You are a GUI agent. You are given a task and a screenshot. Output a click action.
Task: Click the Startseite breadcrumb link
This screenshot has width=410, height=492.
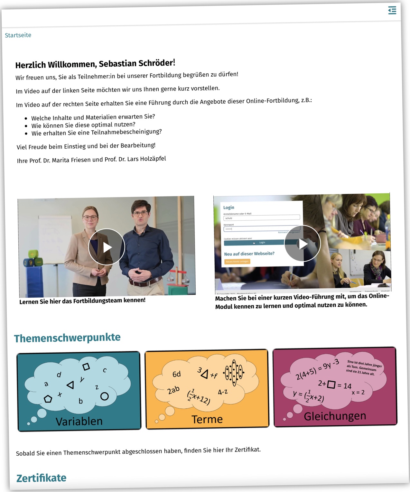[18, 35]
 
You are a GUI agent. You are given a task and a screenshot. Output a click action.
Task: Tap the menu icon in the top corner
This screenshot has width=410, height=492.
[392, 10]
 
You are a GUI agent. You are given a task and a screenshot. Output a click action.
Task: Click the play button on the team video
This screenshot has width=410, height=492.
[107, 247]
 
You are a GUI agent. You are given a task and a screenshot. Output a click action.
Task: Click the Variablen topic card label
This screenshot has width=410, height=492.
[79, 421]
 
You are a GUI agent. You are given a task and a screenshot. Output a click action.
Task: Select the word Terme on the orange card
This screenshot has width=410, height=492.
[207, 419]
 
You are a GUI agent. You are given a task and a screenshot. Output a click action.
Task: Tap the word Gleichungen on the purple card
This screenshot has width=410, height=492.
[335, 416]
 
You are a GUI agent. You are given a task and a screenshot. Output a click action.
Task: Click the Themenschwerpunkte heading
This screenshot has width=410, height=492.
[67, 338]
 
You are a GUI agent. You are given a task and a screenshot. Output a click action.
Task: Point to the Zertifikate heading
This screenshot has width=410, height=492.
[42, 478]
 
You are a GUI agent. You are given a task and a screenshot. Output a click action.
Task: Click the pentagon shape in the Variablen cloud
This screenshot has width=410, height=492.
[48, 399]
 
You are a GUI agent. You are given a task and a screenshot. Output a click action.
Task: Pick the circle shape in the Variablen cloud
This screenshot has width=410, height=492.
[104, 396]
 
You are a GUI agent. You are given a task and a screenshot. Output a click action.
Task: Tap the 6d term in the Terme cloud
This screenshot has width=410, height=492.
[177, 374]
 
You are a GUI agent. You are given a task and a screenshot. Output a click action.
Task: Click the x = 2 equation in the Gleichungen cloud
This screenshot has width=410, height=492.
[358, 393]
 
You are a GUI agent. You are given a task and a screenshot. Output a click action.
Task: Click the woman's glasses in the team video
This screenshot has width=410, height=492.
[90, 218]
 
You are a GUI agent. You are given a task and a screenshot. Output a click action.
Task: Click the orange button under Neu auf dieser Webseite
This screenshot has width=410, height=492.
[237, 262]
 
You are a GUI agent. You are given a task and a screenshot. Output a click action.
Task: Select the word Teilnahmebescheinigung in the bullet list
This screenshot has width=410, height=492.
[126, 132]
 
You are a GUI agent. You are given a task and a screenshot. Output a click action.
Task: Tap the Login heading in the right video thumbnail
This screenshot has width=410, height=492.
[229, 208]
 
